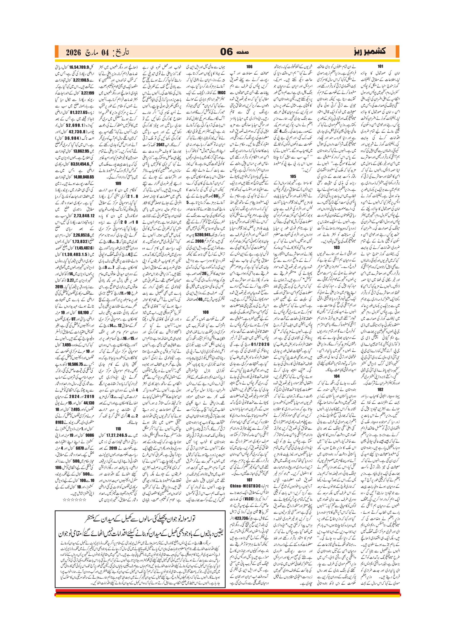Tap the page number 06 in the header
coord(226,52)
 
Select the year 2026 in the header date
coord(73,52)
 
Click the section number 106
coord(249,67)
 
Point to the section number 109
coord(118,183)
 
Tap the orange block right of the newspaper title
coord(397,52)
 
